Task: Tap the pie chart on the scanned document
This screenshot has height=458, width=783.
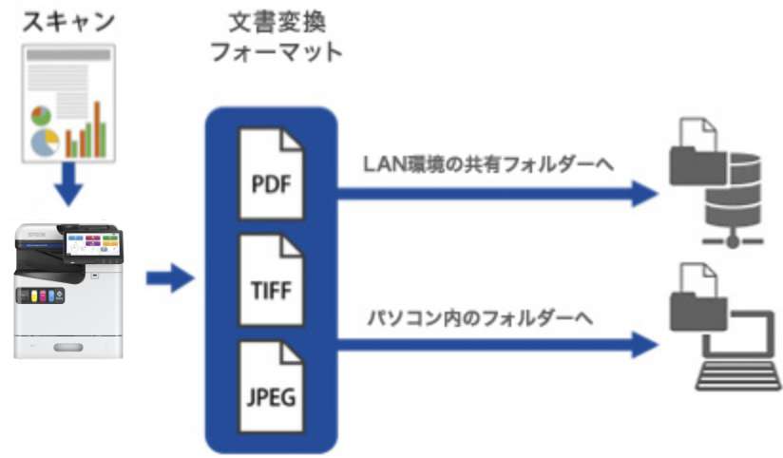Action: [42, 129]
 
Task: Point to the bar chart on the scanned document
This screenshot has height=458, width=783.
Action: [85, 132]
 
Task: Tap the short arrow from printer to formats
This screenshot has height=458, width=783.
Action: [169, 279]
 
